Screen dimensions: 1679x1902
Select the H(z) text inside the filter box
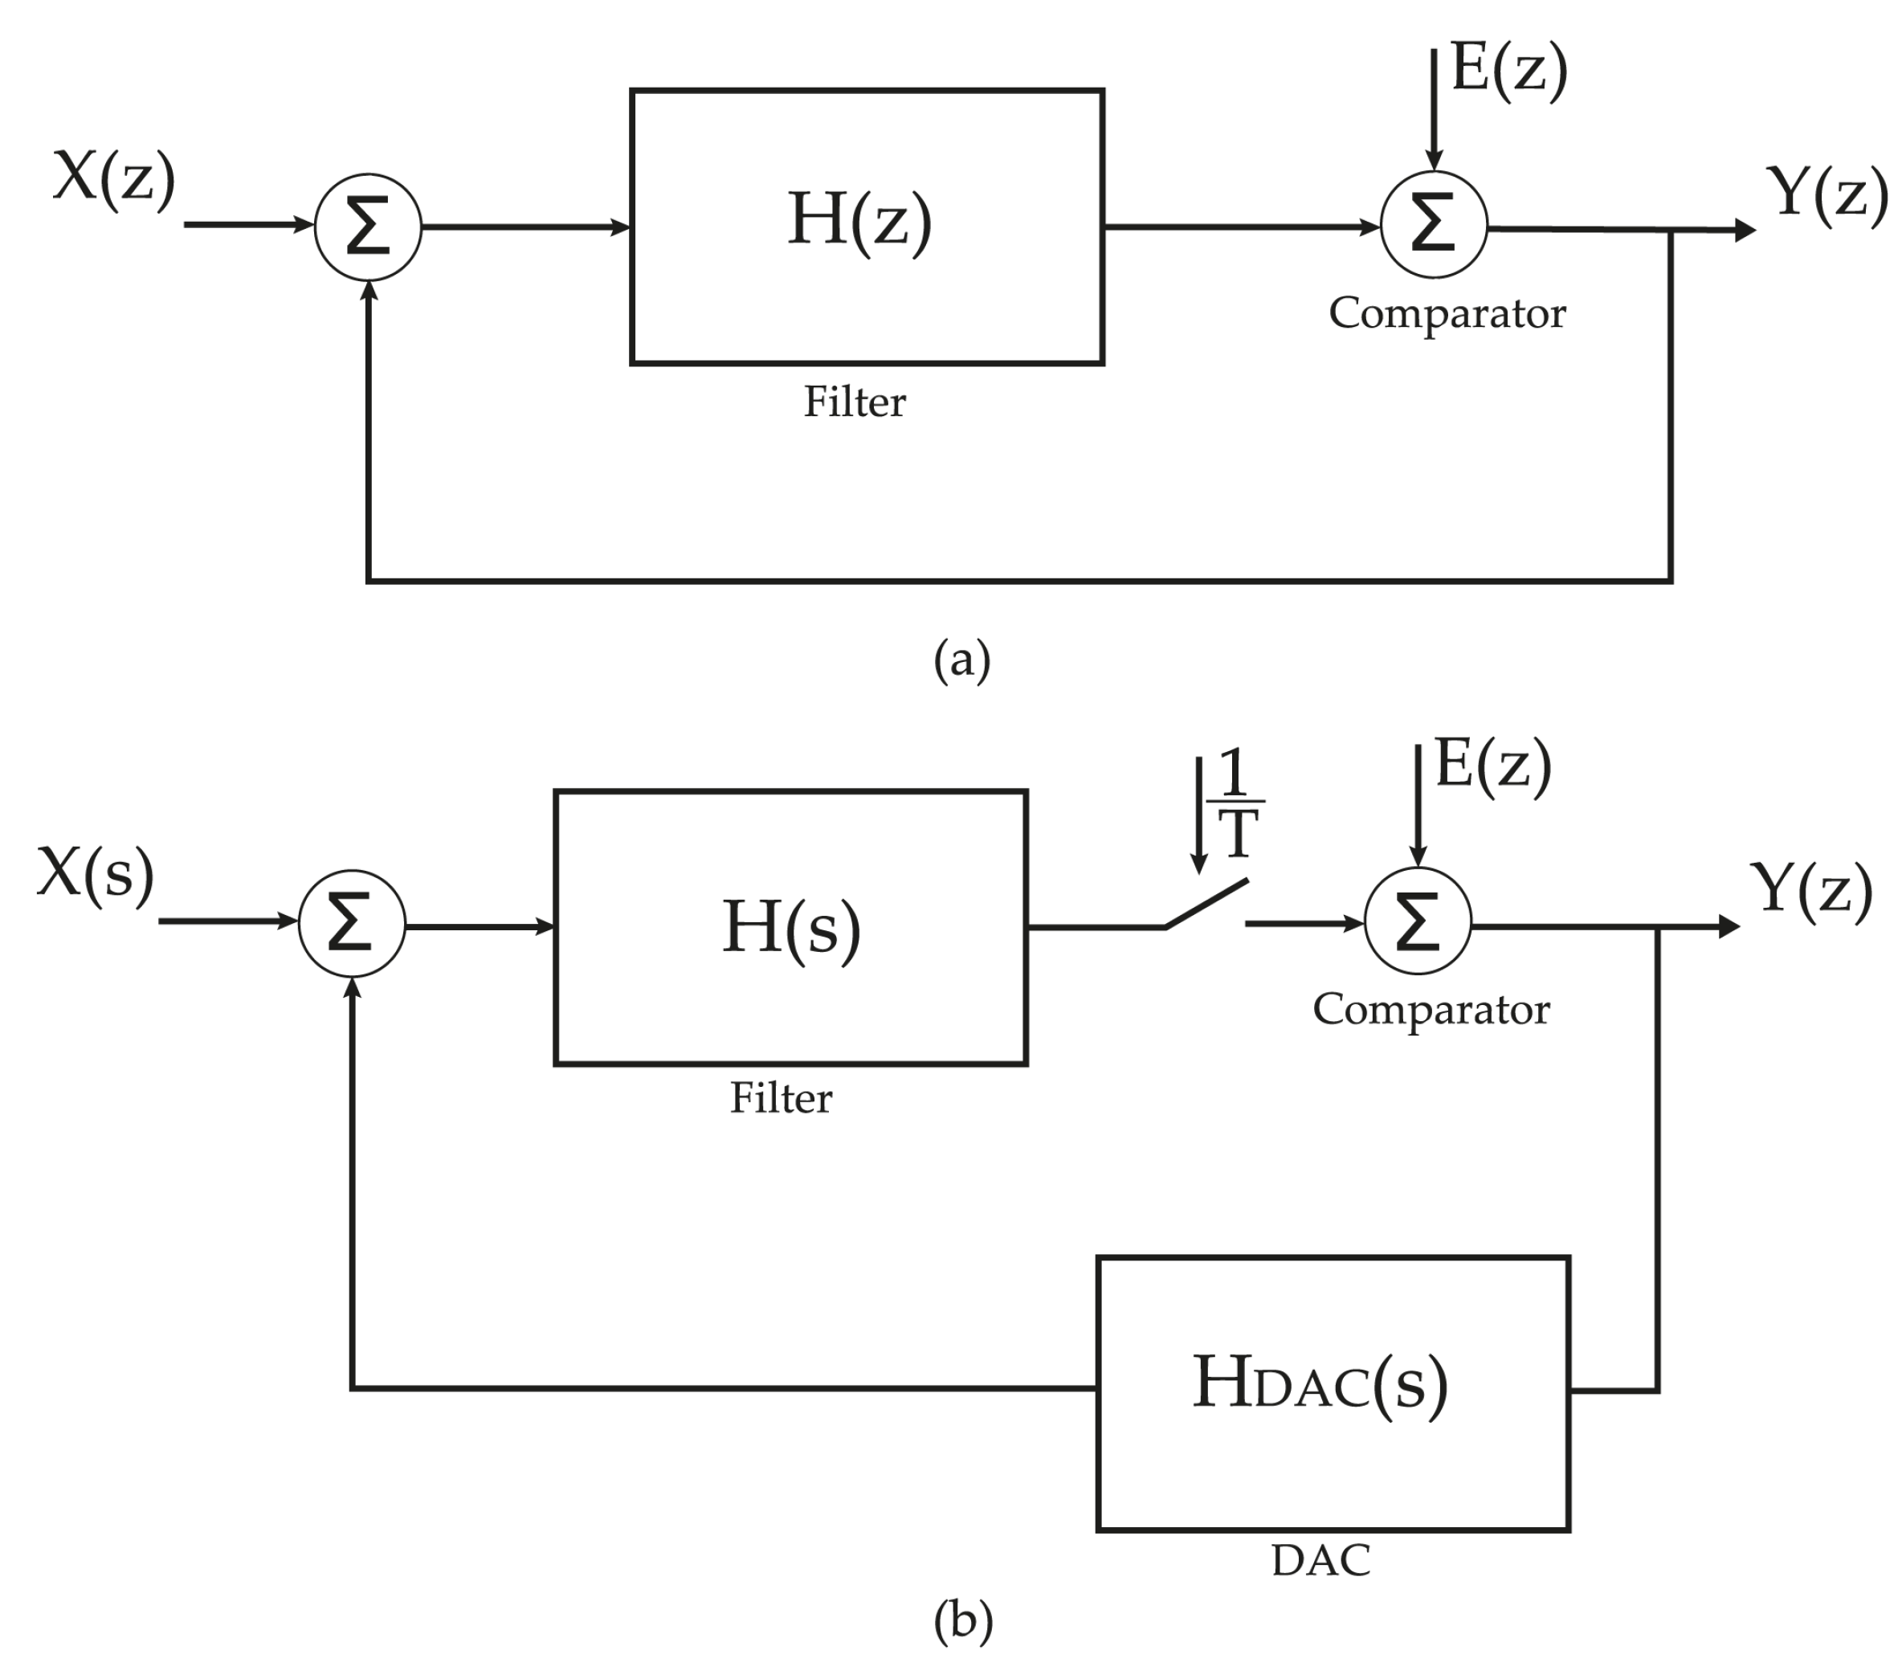point(859,221)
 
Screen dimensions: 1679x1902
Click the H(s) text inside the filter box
point(791,928)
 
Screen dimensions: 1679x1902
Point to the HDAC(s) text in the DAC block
point(1320,1384)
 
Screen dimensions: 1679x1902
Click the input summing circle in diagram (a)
point(369,227)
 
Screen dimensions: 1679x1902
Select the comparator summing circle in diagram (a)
point(1433,224)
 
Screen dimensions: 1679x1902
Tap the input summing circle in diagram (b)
point(352,924)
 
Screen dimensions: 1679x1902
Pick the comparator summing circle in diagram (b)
point(1417,921)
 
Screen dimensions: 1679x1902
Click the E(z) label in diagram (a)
point(1508,70)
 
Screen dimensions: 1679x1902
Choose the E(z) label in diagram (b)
point(1492,765)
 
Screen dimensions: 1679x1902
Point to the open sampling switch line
point(1206,903)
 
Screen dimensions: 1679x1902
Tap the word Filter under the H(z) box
point(855,402)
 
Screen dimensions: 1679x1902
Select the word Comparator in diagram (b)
point(1431,1010)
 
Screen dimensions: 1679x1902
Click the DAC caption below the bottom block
point(1320,1561)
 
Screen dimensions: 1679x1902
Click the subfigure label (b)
point(963,1620)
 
